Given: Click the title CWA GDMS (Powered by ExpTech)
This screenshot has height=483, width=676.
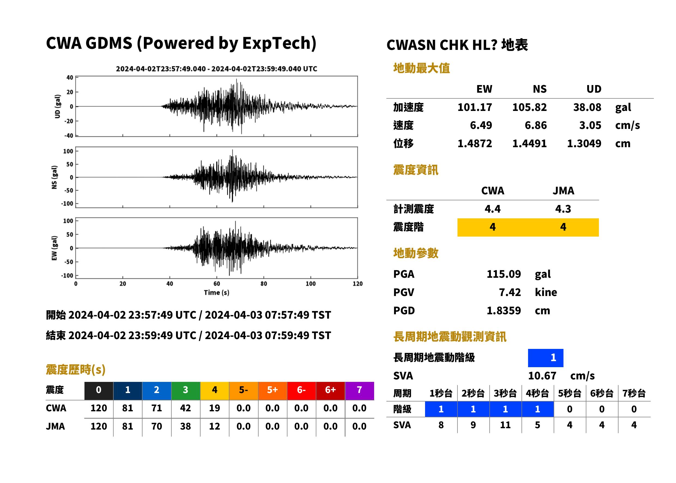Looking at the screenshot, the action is click(181, 43).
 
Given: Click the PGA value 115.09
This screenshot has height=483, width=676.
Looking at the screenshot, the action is click(504, 274).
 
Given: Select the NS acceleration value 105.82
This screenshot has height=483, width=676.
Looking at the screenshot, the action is click(529, 107).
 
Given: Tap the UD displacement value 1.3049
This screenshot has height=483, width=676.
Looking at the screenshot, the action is click(584, 143).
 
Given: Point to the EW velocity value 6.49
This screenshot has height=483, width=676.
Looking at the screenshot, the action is click(481, 125).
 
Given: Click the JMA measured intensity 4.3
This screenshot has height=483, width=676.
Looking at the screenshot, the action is click(563, 209).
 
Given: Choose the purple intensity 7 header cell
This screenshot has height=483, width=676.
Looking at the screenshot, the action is click(359, 390).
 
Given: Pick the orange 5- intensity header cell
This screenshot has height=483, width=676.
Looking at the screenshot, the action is click(244, 390).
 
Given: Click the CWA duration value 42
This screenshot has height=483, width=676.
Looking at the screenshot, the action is click(186, 408).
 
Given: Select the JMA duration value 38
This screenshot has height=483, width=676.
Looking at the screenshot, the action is click(186, 426).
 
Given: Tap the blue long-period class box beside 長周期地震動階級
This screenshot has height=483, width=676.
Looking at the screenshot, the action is click(545, 358).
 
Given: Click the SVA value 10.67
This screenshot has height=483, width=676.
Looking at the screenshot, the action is click(542, 376).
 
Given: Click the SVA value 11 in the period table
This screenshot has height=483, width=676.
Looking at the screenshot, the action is click(505, 425).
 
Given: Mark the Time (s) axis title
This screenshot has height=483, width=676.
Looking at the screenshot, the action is click(216, 293).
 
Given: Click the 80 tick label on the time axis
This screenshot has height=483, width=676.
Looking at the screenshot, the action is click(264, 284).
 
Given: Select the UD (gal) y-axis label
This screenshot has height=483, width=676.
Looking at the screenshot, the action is click(58, 106).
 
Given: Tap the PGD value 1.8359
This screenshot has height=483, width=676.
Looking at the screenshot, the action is click(504, 310).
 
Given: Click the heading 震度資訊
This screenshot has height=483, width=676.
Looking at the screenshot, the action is click(416, 170).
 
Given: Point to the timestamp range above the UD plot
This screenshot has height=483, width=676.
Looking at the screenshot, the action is click(216, 69).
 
